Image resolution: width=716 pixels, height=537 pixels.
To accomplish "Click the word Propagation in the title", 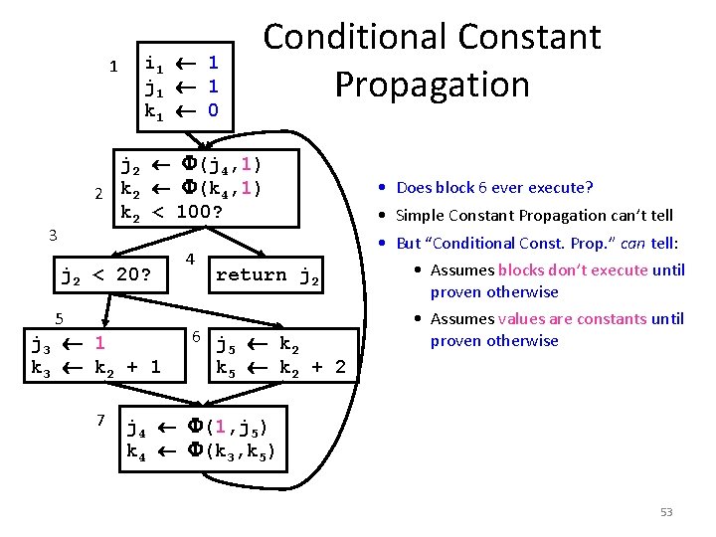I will (x=432, y=85).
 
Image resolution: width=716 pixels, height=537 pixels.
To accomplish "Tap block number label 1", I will (x=113, y=67).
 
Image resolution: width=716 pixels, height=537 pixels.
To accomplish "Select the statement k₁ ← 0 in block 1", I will (x=182, y=110).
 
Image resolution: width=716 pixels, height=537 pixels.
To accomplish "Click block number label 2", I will (x=98, y=192).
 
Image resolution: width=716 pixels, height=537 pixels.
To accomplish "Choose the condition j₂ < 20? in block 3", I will (x=106, y=274).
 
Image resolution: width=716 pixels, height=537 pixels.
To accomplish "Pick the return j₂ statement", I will (x=268, y=274).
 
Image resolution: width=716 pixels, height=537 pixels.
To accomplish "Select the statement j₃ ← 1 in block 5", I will (x=69, y=345).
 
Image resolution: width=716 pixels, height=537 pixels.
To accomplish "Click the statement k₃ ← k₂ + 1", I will (x=95, y=367).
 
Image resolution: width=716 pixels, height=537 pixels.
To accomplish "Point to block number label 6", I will (x=197, y=337).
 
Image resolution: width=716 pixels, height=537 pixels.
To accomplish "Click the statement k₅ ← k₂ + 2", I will (x=281, y=367).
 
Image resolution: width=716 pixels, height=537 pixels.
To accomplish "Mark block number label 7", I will (x=101, y=420).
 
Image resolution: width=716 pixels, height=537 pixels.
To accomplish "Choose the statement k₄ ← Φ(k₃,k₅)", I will (x=202, y=452).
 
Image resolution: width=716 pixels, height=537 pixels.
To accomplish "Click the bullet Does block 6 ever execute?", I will (x=494, y=187).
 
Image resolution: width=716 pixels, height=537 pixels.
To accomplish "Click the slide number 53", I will (x=666, y=512).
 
